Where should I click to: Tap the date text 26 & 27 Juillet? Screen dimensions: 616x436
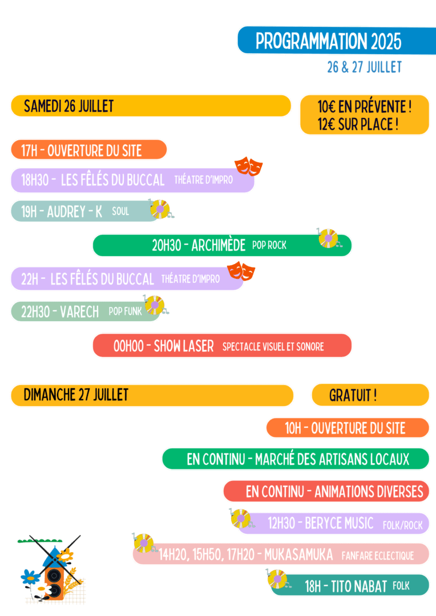click(x=364, y=67)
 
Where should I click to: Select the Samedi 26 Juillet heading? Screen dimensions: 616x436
click(x=69, y=106)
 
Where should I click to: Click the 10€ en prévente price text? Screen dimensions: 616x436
click(x=365, y=107)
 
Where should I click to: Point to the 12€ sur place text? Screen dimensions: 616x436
click(x=358, y=124)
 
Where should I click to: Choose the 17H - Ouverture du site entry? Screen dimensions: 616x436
click(x=82, y=151)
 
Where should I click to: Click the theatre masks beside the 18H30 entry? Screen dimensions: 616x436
click(x=248, y=167)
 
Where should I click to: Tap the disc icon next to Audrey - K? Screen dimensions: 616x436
click(x=160, y=209)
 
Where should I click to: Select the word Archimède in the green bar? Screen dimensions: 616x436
click(x=219, y=246)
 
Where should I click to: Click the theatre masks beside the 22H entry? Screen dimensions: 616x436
click(x=241, y=271)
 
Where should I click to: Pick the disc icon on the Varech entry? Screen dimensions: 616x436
click(x=154, y=305)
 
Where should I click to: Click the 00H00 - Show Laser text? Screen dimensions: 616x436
click(x=164, y=346)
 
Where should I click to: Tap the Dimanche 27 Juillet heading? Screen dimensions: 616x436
click(x=76, y=395)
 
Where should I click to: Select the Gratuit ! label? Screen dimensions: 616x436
click(x=353, y=395)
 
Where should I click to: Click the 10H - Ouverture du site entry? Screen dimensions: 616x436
click(x=345, y=428)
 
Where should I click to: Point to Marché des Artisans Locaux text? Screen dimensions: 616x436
click(x=332, y=459)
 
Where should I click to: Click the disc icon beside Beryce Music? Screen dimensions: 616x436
click(x=240, y=518)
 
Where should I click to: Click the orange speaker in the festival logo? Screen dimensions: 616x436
click(x=53, y=579)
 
